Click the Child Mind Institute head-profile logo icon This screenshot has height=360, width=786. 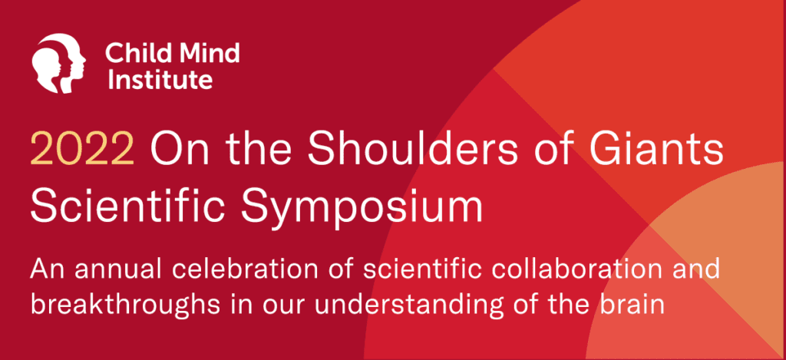coord(58,63)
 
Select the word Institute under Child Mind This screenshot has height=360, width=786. coord(160,78)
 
